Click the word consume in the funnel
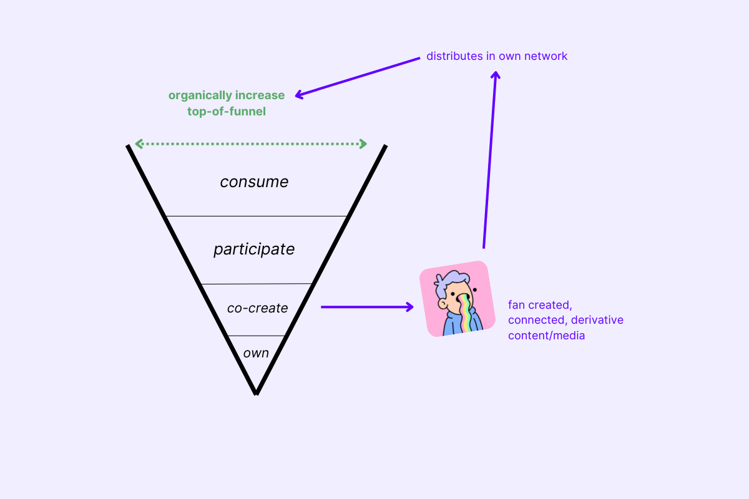point(254,182)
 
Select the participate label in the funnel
point(254,249)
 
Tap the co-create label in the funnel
point(257,308)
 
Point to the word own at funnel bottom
point(256,353)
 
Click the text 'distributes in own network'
point(497,56)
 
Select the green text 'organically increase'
point(227,95)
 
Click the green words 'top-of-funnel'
point(227,112)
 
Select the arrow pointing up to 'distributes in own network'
point(490,162)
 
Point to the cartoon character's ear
point(443,304)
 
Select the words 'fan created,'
point(540,306)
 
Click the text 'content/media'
point(546,335)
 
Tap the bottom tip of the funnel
point(256,392)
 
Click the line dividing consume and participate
point(256,216)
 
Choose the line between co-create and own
point(256,336)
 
